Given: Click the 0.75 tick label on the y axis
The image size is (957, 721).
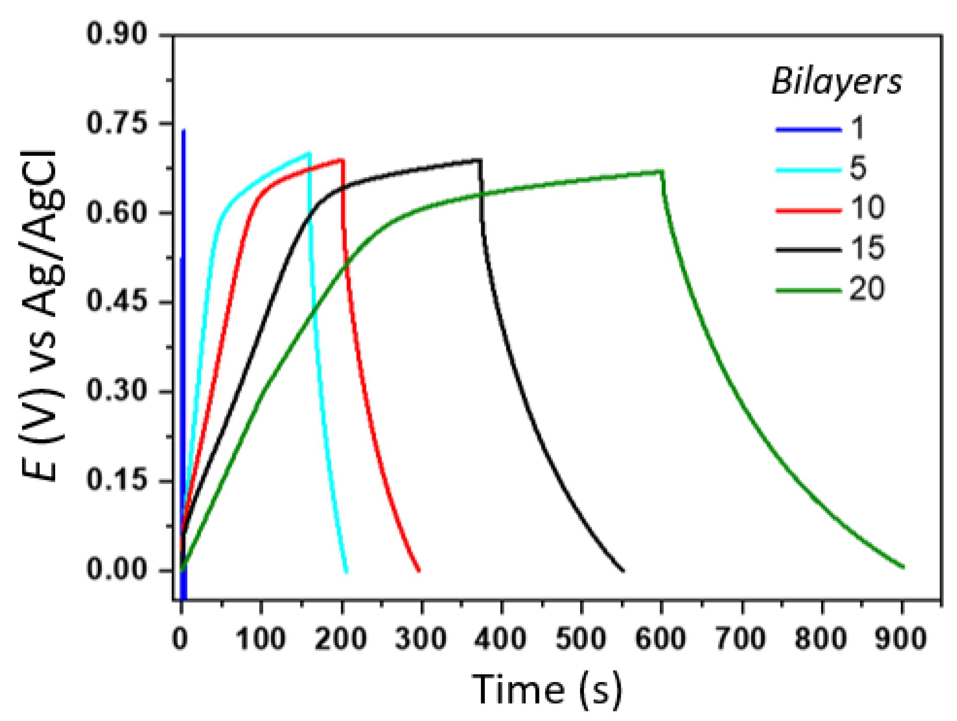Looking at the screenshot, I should (116, 123).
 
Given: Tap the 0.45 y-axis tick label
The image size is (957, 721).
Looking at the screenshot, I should (116, 301).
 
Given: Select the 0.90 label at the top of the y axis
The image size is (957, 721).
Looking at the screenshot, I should (116, 34).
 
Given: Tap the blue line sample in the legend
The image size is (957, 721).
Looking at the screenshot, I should (808, 129).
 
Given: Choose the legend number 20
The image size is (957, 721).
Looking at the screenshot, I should (866, 288).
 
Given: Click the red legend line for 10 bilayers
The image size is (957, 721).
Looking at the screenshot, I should (808, 210).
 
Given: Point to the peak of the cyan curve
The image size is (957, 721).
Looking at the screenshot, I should (309, 153).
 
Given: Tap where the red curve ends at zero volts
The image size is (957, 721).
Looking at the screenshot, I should (419, 571).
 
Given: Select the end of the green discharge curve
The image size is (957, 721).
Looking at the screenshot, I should (904, 567).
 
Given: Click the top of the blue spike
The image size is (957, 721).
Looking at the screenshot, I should (183, 130).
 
